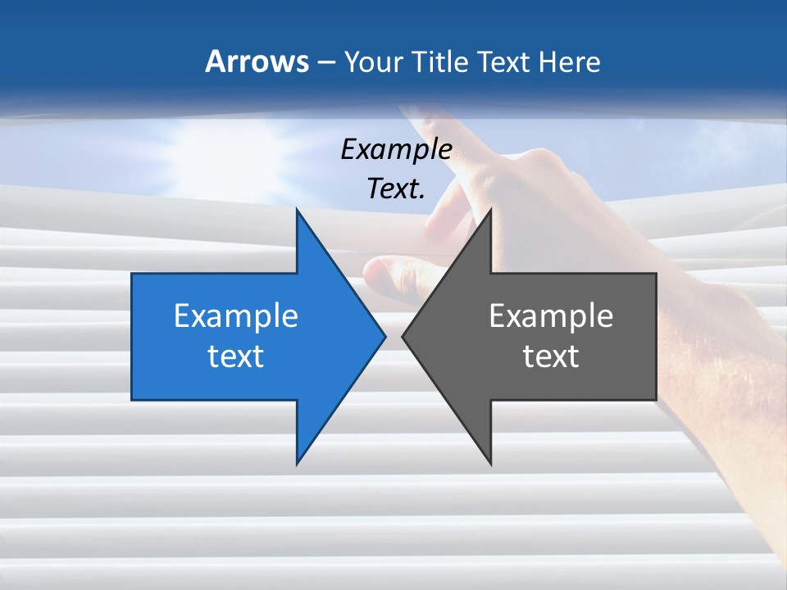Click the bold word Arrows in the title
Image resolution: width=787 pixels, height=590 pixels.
point(256,61)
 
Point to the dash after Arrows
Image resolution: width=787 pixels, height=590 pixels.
point(325,62)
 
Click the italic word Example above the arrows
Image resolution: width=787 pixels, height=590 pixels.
point(396,150)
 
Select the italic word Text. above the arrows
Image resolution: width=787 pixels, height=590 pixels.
point(396,189)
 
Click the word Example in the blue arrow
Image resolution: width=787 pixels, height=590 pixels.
point(236,315)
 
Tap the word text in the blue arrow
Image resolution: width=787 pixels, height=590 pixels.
point(236,356)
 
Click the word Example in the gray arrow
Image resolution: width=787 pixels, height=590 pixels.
point(551,315)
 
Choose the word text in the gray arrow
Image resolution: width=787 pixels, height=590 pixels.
point(551,356)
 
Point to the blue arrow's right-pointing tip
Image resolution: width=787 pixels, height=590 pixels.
point(384,336)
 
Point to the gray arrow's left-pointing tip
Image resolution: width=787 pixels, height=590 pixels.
point(403,336)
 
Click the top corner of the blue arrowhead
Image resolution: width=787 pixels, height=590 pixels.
point(297,210)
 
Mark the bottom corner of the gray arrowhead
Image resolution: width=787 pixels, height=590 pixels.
point(490,464)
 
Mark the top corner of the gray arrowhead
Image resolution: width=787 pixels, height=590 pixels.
point(490,210)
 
